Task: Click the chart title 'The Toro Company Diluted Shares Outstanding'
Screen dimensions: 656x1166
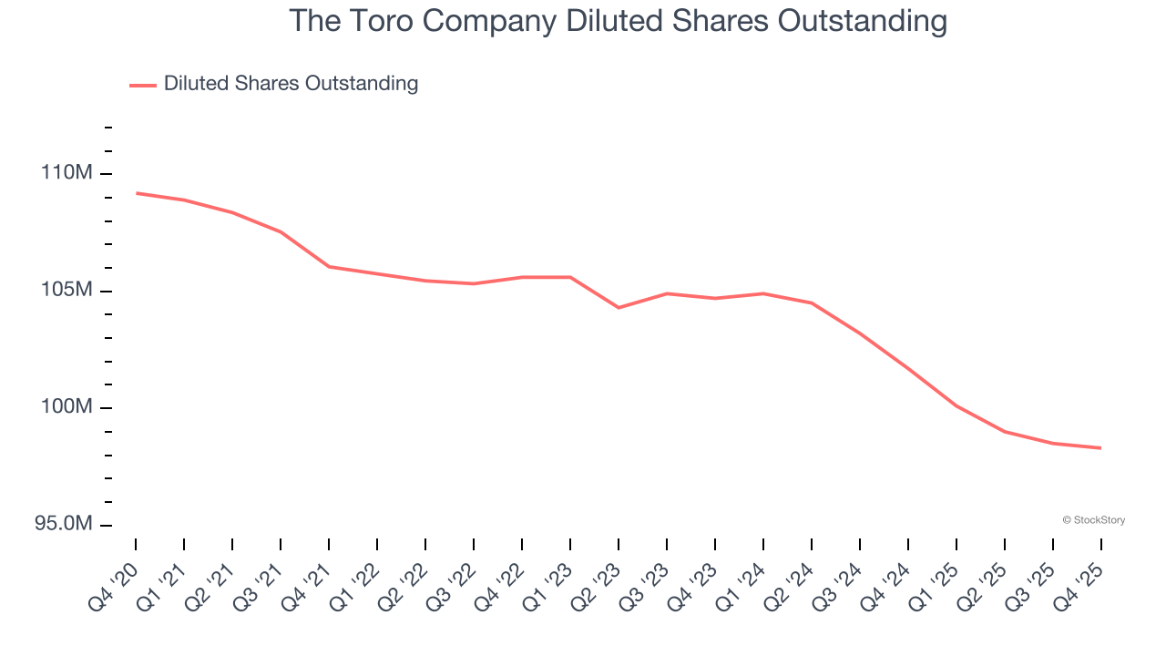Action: coord(618,20)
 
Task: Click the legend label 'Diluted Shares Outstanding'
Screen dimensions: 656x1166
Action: coord(291,84)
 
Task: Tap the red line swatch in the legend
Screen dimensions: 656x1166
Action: coord(143,85)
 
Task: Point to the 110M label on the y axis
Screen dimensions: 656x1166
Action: coord(67,173)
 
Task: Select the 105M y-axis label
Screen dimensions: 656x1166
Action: coord(67,291)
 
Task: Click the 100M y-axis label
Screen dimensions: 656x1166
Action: coord(67,407)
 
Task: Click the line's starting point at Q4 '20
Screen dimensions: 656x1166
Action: coord(137,193)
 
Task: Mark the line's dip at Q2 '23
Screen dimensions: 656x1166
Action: coord(619,307)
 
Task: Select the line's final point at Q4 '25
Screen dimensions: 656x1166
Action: coord(1100,447)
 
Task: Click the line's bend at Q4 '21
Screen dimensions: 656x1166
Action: coord(329,267)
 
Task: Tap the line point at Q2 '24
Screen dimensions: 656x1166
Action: coord(812,302)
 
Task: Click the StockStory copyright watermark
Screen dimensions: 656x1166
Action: coord(1093,520)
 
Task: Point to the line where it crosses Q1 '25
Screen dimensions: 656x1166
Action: coord(956,405)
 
